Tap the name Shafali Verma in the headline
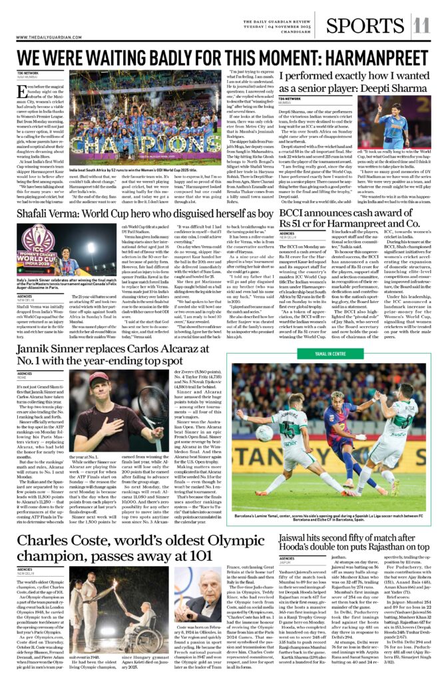(x=50, y=214)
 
